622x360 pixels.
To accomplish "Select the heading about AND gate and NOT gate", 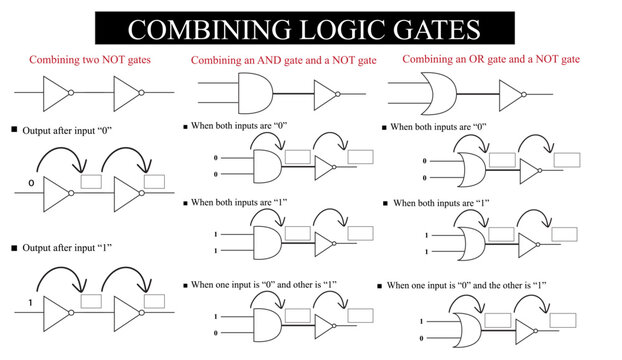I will [x=283, y=61].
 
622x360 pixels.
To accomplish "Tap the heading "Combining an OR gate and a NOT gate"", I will [x=490, y=60].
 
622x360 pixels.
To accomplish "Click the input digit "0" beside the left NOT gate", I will [x=31, y=184].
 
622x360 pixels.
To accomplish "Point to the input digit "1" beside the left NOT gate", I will [x=31, y=301].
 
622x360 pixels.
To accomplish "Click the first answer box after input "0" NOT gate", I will [x=92, y=181].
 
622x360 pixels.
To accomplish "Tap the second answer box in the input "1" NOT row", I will [x=155, y=300].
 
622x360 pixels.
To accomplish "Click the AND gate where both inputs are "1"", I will [x=266, y=241].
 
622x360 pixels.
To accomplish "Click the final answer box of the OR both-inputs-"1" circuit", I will [x=565, y=234].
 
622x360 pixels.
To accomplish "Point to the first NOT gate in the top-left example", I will [x=55, y=95].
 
